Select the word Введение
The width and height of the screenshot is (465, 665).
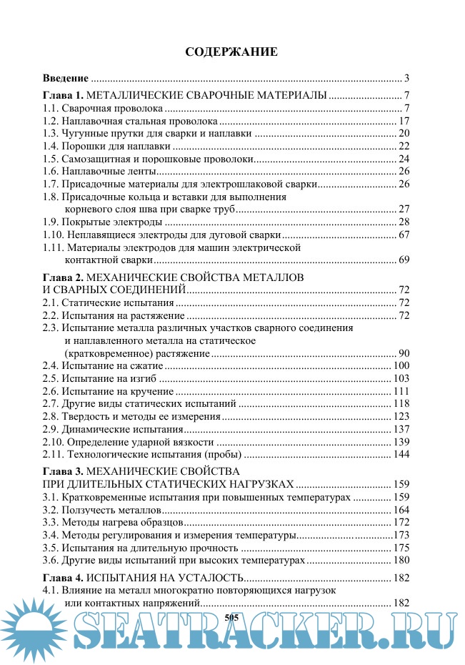click(66, 78)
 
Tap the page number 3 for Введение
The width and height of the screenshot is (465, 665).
click(406, 78)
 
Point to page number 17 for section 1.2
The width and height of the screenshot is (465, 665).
click(403, 121)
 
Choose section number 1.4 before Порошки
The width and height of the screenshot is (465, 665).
click(50, 146)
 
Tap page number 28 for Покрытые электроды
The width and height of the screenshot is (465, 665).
click(403, 222)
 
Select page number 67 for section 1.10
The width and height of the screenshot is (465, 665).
click(403, 235)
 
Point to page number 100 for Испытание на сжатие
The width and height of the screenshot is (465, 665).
click(401, 365)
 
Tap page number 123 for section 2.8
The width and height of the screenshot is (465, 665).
click(401, 416)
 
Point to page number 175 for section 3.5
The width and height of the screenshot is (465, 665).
click(401, 548)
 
